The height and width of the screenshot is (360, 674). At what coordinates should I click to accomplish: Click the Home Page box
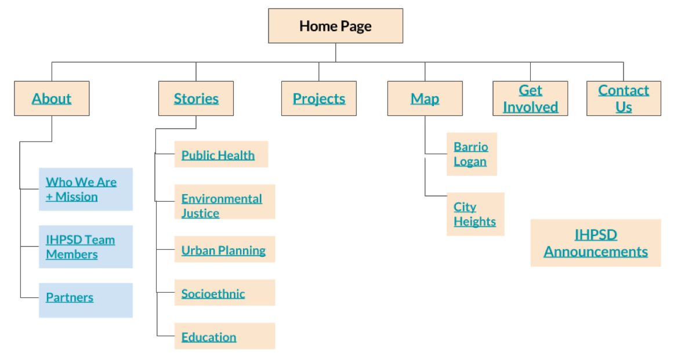[335, 26]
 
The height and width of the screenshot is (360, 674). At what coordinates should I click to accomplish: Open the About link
[52, 99]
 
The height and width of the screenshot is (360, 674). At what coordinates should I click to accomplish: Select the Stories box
[196, 99]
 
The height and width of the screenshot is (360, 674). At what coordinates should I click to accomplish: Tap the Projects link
[319, 99]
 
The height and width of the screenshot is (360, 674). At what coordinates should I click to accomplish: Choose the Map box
[425, 99]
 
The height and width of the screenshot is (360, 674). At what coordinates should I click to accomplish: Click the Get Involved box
[530, 99]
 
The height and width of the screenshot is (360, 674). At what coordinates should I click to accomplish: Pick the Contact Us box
[624, 99]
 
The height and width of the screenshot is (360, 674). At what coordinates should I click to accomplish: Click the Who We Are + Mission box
[85, 190]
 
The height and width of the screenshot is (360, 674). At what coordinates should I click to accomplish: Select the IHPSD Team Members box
[85, 247]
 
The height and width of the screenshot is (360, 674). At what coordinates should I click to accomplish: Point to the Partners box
[85, 300]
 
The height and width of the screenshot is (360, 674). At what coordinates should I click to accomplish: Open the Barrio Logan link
[472, 154]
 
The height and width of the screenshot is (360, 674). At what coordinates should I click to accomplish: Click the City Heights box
[476, 214]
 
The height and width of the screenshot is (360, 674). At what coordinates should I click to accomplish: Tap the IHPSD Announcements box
[596, 243]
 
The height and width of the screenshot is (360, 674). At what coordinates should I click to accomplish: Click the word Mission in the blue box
[77, 197]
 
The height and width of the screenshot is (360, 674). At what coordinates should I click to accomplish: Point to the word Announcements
[596, 252]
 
